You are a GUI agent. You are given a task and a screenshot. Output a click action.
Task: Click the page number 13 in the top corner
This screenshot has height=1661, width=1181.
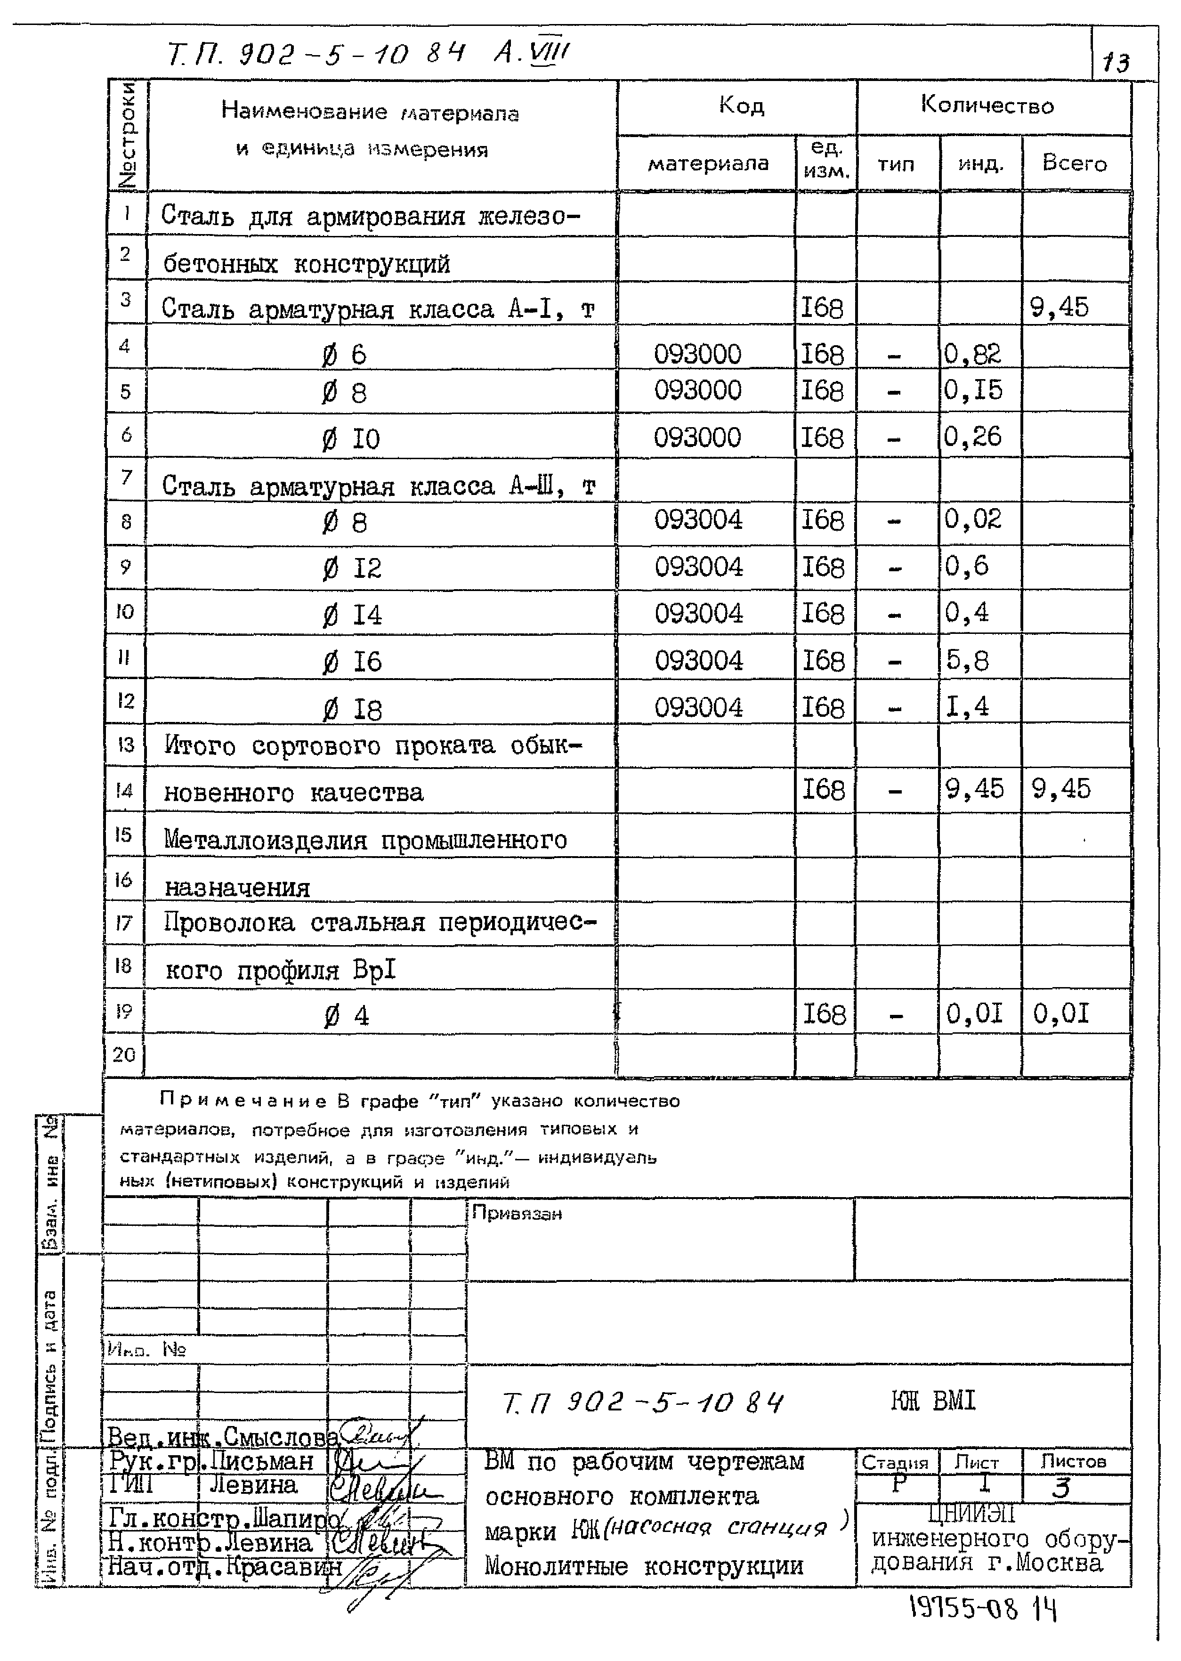point(1116,63)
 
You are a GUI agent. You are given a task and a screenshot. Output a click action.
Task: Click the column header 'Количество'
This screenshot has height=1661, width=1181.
point(987,105)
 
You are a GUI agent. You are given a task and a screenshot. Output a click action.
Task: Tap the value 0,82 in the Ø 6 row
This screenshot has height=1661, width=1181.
point(972,354)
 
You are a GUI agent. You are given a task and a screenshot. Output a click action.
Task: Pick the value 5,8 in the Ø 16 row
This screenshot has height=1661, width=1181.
point(967,660)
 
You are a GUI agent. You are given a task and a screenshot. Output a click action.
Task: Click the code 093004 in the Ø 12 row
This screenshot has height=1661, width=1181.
point(698,567)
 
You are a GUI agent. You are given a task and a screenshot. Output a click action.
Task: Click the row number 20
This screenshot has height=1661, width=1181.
point(124,1054)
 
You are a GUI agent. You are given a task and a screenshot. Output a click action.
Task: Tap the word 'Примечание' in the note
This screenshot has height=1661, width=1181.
point(243,1101)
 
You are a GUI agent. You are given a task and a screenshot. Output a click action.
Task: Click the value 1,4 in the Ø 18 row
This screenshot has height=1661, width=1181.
point(967,706)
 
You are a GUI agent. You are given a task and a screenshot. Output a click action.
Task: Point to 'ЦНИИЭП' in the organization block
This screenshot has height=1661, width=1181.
point(971,1514)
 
